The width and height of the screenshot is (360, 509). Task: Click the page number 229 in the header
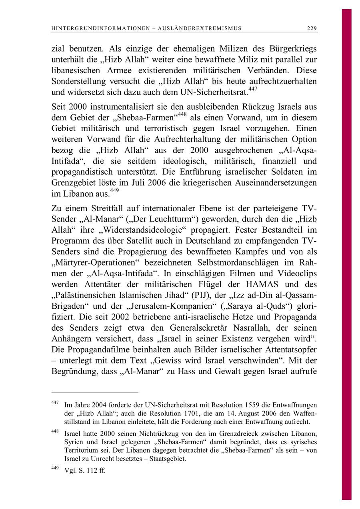click(x=312, y=28)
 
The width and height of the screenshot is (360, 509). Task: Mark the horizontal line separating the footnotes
click(x=95, y=393)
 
